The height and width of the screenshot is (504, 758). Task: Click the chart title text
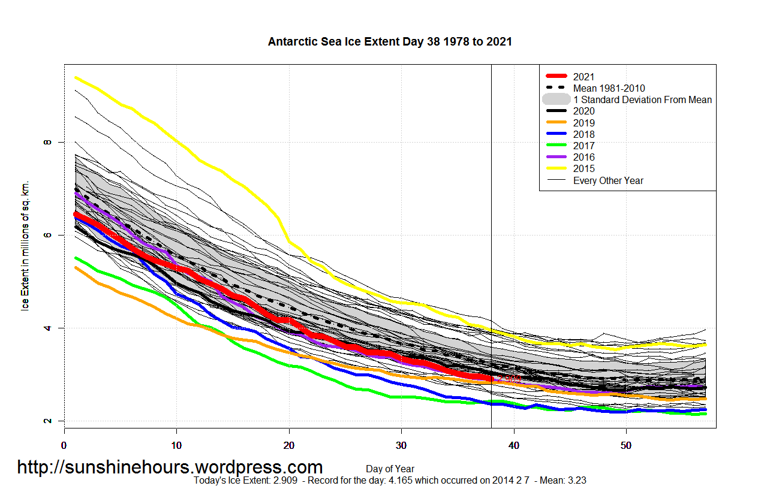tap(390, 41)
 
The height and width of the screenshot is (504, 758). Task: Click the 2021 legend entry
tap(583, 77)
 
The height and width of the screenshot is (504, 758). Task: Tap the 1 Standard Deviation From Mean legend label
tap(642, 99)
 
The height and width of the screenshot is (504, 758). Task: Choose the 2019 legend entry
tap(583, 123)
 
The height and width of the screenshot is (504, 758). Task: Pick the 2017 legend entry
tap(583, 146)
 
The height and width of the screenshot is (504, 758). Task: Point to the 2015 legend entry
tap(583, 169)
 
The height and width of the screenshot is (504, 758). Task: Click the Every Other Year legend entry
tap(608, 180)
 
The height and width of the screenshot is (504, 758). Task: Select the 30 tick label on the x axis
tap(401, 445)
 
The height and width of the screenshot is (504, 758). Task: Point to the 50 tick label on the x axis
tap(625, 445)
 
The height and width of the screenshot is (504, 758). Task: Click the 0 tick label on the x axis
tap(64, 445)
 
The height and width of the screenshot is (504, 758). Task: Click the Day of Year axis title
tap(390, 469)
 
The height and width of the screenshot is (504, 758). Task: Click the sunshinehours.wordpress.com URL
tap(170, 467)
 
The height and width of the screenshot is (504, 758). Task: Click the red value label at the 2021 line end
tap(508, 379)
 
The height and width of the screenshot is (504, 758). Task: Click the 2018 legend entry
tap(583, 134)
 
